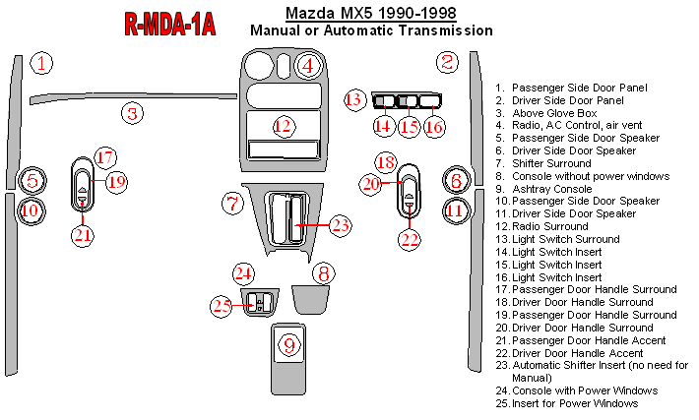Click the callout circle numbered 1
tap(41, 65)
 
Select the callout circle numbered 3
tap(132, 112)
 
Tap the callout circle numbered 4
tap(307, 67)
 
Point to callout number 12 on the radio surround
tap(284, 126)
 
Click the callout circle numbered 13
tap(355, 99)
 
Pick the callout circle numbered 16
tap(434, 126)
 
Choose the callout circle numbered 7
tap(233, 205)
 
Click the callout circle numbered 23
tap(340, 226)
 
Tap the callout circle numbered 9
tap(288, 345)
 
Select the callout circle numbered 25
tap(221, 306)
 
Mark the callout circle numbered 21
tap(83, 234)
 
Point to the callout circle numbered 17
tap(105, 157)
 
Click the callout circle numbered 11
tap(455, 210)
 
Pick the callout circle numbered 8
tap(321, 272)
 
